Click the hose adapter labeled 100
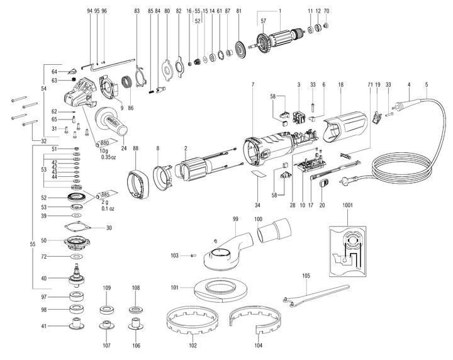[x=272, y=232]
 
